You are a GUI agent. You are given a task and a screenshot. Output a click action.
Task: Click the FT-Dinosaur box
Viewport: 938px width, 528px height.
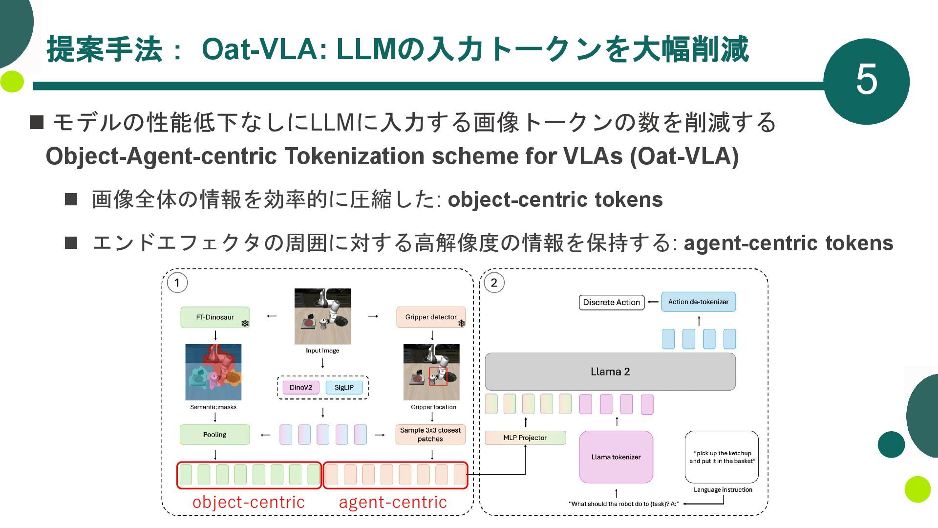pyautogui.click(x=215, y=317)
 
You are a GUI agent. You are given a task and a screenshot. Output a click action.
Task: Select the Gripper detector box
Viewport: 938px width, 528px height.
pyautogui.click(x=430, y=317)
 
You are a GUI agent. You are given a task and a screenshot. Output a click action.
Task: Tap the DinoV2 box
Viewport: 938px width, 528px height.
pyautogui.click(x=300, y=387)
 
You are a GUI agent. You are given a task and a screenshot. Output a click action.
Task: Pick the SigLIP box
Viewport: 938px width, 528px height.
pyautogui.click(x=344, y=387)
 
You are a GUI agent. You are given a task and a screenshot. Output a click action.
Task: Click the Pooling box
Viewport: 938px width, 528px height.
pyautogui.click(x=214, y=434)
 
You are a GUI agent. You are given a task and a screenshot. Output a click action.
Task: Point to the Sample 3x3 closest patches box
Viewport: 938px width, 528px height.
pyautogui.click(x=430, y=434)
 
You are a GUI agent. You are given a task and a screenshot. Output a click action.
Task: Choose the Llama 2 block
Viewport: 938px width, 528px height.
pyautogui.click(x=610, y=372)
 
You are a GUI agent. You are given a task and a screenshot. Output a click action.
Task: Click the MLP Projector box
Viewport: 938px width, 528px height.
pyautogui.click(x=525, y=438)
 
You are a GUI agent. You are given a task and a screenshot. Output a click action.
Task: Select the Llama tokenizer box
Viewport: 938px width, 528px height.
pyautogui.click(x=616, y=457)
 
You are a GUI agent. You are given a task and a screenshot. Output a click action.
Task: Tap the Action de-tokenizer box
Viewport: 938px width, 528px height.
pyautogui.click(x=698, y=302)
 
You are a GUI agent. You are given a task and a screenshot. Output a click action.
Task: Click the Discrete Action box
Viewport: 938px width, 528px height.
pyautogui.click(x=611, y=303)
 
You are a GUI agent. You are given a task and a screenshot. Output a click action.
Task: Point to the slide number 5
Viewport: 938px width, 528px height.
pyautogui.click(x=866, y=81)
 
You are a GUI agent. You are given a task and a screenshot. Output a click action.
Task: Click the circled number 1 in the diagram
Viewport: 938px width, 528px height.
pyautogui.click(x=177, y=283)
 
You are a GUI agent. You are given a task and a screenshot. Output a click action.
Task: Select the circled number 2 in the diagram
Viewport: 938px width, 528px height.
pyautogui.click(x=493, y=283)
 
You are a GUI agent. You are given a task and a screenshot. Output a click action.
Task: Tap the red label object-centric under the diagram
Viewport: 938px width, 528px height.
pyautogui.click(x=248, y=502)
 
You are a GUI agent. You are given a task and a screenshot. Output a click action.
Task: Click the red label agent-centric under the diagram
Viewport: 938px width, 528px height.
pyautogui.click(x=393, y=502)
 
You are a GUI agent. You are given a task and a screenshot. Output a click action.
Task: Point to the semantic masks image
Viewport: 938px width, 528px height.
pyautogui.click(x=213, y=372)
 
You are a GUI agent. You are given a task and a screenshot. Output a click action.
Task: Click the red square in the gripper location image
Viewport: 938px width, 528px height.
pyautogui.click(x=438, y=376)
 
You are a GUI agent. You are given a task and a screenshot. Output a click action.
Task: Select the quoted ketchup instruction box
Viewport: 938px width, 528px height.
pyautogui.click(x=722, y=457)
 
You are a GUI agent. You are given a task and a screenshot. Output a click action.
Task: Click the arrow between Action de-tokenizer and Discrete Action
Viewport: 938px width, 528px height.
pyautogui.click(x=653, y=302)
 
